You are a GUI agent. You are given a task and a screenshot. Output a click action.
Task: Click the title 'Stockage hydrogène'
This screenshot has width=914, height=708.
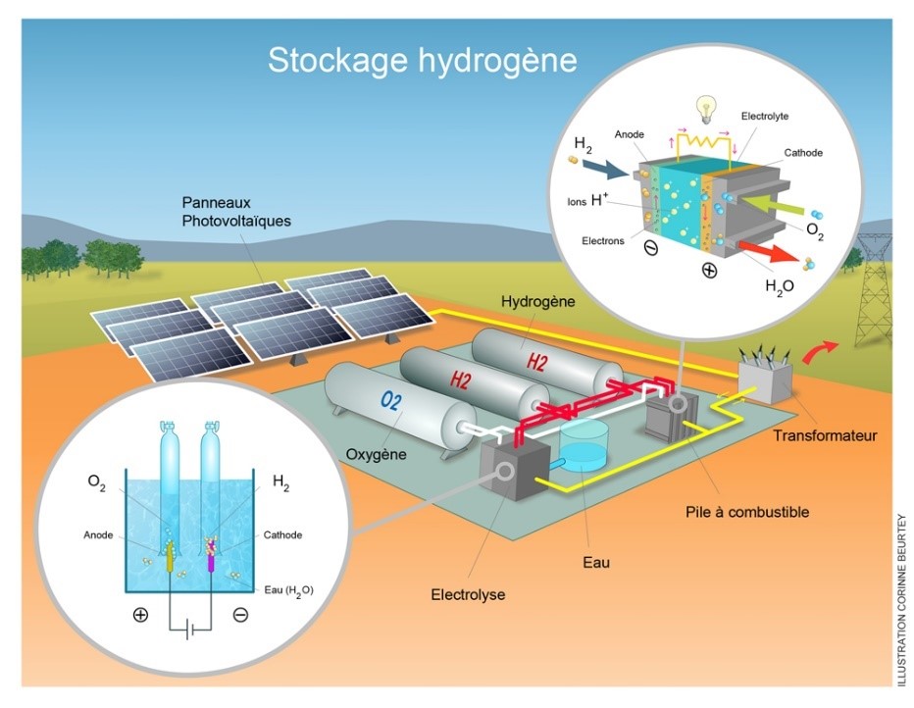[x=423, y=60]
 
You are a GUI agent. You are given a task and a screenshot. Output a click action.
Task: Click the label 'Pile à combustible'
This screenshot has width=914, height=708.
[x=746, y=511]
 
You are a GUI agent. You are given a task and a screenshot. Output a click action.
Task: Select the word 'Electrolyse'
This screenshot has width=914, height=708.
[x=468, y=594]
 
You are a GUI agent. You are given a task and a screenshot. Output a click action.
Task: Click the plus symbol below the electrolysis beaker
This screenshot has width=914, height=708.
[x=140, y=615]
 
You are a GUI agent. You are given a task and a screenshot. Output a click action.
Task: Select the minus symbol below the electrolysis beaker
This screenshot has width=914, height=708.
[x=240, y=615]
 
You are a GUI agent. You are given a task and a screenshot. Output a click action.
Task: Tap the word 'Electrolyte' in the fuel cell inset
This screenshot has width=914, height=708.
[x=765, y=116]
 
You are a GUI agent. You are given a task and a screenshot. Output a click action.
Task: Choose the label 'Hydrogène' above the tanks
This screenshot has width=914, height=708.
[x=537, y=300]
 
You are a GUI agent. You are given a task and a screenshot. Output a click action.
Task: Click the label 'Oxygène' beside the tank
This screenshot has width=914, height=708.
[x=378, y=454]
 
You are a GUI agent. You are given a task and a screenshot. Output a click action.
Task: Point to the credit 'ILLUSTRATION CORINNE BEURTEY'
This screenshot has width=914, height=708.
[x=901, y=598]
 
